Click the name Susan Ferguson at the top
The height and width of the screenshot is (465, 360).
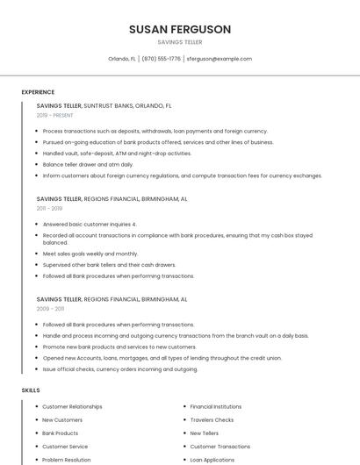[x=180, y=29]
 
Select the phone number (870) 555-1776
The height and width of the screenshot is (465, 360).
[x=162, y=59]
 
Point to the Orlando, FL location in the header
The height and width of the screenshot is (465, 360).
[x=122, y=59]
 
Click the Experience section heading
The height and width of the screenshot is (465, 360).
[x=38, y=92]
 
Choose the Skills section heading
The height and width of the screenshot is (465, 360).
[x=30, y=390]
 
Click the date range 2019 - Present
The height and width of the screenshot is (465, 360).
[x=55, y=115]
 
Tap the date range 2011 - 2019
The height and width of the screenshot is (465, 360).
[x=50, y=209]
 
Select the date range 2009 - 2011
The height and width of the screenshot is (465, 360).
[x=51, y=309]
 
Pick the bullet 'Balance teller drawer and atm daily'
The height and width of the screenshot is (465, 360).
[x=88, y=164]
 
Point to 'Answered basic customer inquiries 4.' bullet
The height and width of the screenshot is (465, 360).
[x=90, y=224]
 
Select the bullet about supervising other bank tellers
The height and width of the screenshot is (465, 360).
[x=109, y=265]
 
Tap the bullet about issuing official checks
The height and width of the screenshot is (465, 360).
[x=120, y=369]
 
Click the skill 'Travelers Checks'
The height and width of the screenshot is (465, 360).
[x=212, y=419]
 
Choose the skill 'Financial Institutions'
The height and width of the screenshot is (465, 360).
[x=216, y=406]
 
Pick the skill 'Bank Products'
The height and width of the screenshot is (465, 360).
[x=61, y=433]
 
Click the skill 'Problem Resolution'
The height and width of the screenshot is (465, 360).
[x=67, y=459]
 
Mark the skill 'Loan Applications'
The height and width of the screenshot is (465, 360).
[x=212, y=459]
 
